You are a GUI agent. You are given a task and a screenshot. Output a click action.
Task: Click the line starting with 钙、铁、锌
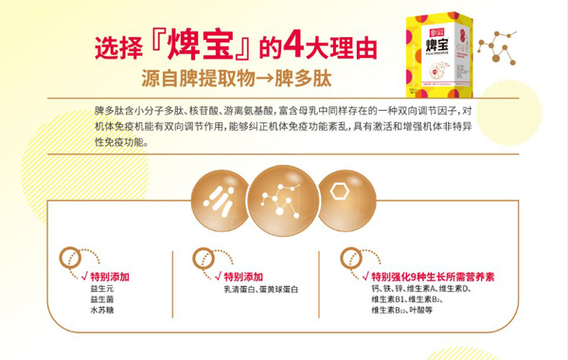[421, 287]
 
